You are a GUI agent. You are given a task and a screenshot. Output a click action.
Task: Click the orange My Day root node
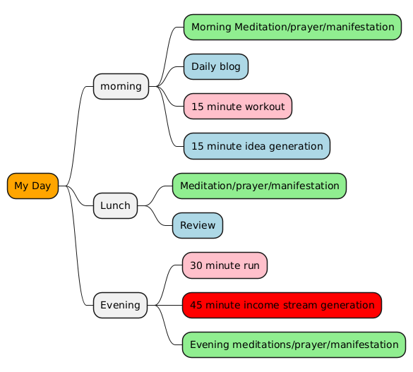click(x=32, y=186)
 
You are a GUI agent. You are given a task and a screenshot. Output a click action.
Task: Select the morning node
click(x=121, y=86)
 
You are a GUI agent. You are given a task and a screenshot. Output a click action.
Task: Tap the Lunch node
click(x=115, y=205)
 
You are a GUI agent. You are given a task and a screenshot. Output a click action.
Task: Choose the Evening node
click(x=121, y=305)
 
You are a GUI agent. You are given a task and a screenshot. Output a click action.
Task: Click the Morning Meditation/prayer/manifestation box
click(x=292, y=27)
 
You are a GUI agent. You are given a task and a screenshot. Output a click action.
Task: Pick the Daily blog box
click(x=216, y=66)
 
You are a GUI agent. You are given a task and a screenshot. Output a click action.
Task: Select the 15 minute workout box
click(x=238, y=107)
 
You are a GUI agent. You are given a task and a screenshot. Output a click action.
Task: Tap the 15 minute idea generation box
click(x=257, y=146)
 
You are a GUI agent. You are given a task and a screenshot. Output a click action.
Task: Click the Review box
click(x=198, y=226)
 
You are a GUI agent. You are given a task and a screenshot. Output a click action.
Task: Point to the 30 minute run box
click(x=225, y=265)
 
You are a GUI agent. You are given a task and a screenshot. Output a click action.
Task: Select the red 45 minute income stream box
click(x=282, y=305)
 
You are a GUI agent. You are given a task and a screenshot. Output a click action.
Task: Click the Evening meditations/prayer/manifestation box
click(x=294, y=344)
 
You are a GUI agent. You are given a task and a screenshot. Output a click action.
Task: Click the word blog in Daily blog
click(x=230, y=67)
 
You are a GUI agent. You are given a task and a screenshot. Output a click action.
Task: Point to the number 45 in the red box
click(x=196, y=305)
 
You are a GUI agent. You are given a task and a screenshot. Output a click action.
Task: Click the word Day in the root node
click(x=41, y=186)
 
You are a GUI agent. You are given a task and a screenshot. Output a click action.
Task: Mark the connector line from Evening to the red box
click(x=165, y=305)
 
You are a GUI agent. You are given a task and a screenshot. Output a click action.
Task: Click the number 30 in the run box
click(x=196, y=265)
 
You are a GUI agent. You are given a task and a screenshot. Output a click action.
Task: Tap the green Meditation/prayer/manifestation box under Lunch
click(x=259, y=186)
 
